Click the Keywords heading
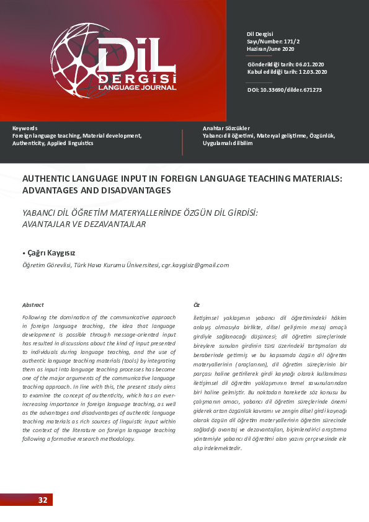pyautogui.click(x=25, y=128)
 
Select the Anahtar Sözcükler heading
pyautogui.click(x=226, y=128)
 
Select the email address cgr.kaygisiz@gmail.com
pyautogui.click(x=195, y=265)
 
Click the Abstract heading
pyautogui.click(x=33, y=304)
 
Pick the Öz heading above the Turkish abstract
pyautogui.click(x=197, y=304)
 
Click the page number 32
pyautogui.click(x=42, y=500)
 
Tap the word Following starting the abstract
pyautogui.click(x=35, y=317)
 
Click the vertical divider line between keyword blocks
pyautogui.click(x=182, y=142)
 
